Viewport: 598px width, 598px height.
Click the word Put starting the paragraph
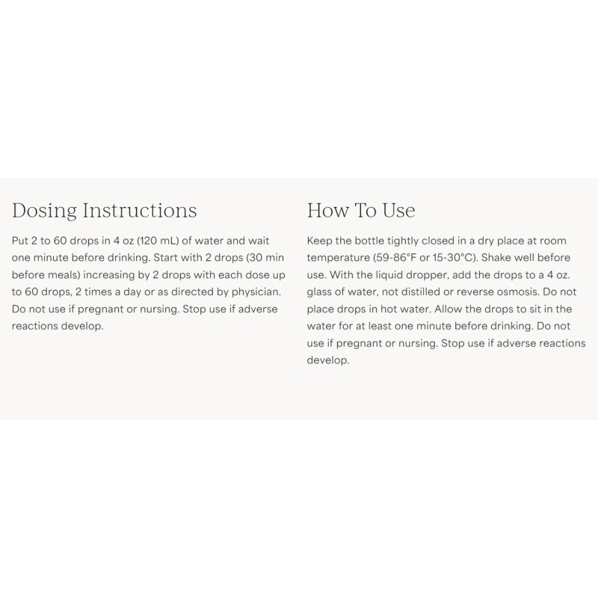pos(22,241)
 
